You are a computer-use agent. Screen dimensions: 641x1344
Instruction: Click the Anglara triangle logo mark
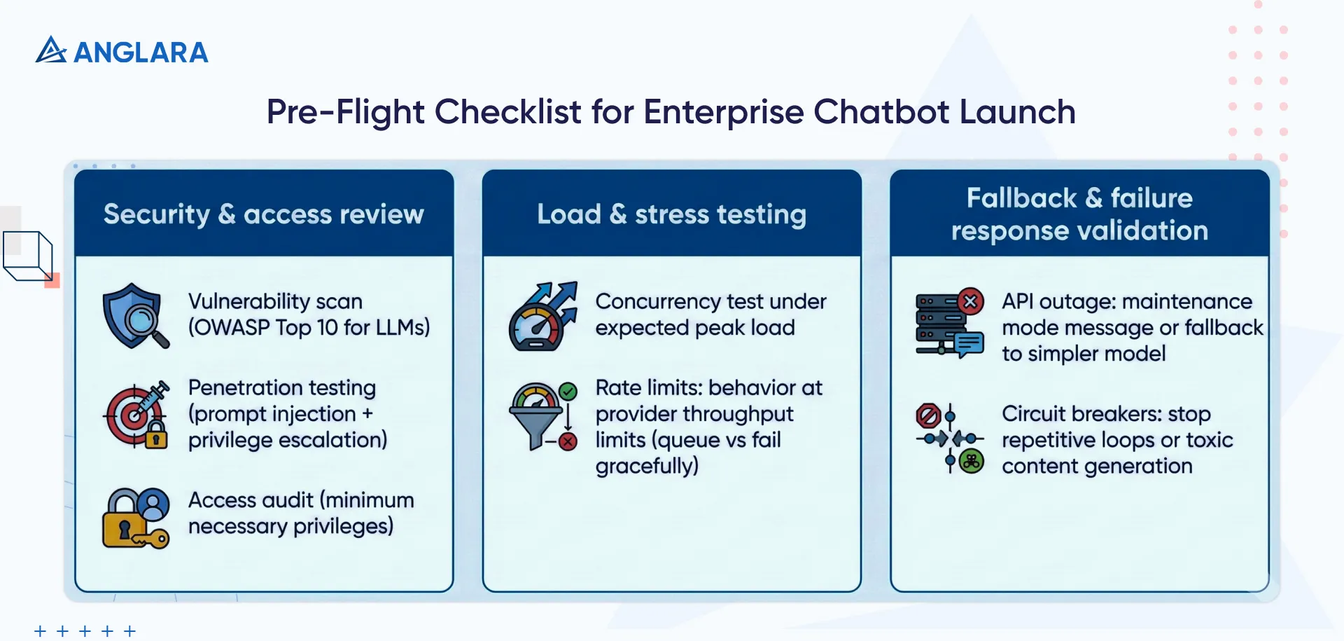[x=50, y=50]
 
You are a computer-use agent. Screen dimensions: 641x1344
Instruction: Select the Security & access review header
[x=264, y=214]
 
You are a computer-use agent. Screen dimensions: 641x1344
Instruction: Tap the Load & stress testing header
[x=671, y=214]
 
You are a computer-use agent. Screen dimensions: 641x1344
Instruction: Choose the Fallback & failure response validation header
[x=1079, y=214]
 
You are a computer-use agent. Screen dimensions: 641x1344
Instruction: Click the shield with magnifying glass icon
[x=135, y=316]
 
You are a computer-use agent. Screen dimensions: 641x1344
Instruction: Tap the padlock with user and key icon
[x=136, y=518]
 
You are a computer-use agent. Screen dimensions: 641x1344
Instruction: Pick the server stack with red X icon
[x=948, y=324]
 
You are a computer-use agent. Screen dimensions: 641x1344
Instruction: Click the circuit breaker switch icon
[x=949, y=439]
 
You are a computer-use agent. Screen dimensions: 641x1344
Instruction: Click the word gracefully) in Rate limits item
[x=646, y=467]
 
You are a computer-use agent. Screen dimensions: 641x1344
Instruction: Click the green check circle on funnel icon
[x=568, y=392]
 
